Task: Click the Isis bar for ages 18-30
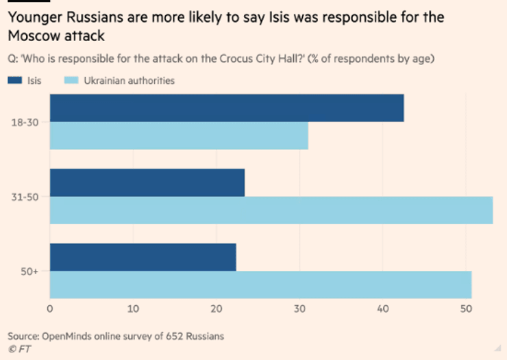227,108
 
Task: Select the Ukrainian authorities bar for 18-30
179,136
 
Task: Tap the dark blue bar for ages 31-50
147,182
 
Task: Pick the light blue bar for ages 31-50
271,210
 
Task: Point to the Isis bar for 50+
143,257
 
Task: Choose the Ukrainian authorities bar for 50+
260,285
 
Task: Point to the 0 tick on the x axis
50,309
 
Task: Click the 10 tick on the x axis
133,309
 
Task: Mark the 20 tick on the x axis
217,309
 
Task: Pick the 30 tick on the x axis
299,309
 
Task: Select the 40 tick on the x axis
382,309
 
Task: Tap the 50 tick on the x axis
466,309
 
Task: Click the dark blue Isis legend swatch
15,81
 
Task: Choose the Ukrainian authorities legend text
129,81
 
